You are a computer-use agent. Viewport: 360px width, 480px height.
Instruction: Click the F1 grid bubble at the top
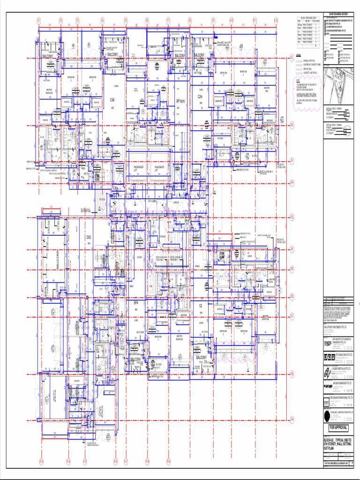39,21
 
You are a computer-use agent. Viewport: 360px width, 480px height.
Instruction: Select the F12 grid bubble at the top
276,21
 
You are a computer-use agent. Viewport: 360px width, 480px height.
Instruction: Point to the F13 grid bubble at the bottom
41,462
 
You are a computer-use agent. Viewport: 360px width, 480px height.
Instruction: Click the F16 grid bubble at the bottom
115,462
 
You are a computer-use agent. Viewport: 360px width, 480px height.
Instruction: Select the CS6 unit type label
112,100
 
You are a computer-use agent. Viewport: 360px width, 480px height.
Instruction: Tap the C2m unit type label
200,97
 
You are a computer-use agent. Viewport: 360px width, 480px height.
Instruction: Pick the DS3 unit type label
89,237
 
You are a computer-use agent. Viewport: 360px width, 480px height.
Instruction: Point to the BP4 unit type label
136,303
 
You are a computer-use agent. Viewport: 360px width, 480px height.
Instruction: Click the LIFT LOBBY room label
154,201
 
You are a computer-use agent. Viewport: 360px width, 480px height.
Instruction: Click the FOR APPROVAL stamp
338,428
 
